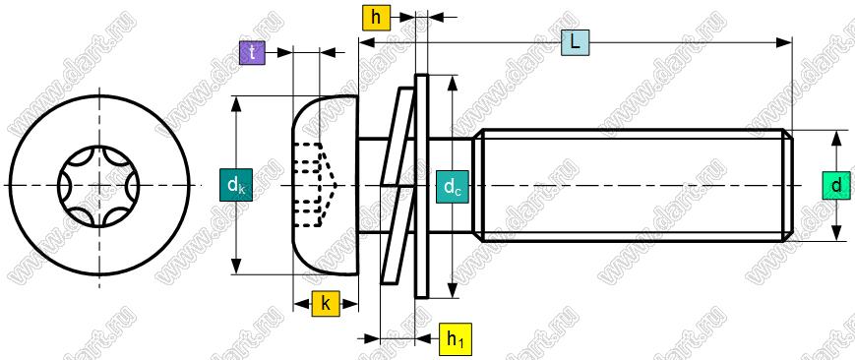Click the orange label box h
(x=376, y=18)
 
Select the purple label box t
(x=252, y=53)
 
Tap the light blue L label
(x=576, y=42)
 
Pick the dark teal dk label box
(x=236, y=185)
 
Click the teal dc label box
(x=453, y=187)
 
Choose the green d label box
(x=836, y=186)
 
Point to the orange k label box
(x=326, y=304)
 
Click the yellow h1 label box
(x=455, y=339)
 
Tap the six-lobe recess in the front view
(x=98, y=186)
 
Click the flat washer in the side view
(x=422, y=186)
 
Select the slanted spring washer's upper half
(x=397, y=137)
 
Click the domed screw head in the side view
(x=326, y=186)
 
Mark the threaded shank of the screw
(x=633, y=186)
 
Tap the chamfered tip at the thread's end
(x=788, y=186)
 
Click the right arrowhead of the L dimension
(x=785, y=42)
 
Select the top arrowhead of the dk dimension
(x=236, y=104)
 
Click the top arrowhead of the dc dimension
(x=453, y=83)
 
